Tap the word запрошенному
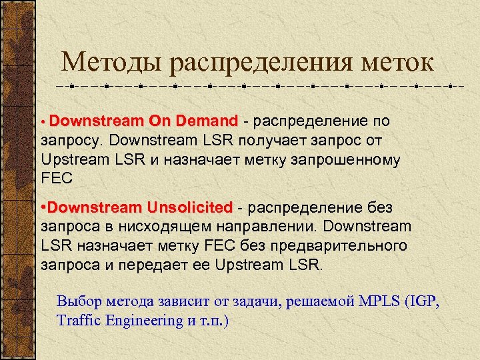(361, 159)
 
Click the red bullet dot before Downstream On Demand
(44, 123)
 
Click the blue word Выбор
(77, 301)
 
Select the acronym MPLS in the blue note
(377, 301)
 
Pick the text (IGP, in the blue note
(422, 301)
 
